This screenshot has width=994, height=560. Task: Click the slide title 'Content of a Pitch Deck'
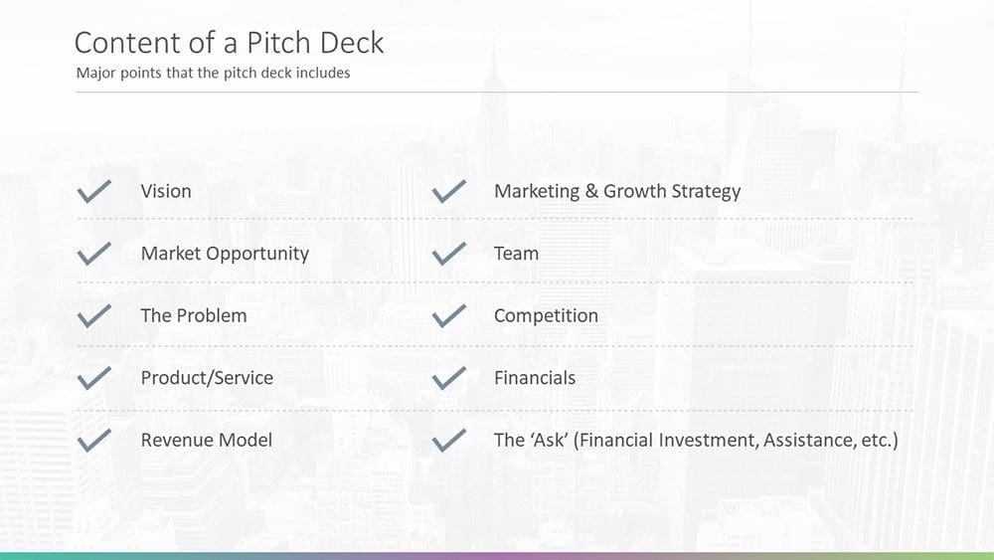click(x=229, y=43)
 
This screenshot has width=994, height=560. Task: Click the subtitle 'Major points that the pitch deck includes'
click(x=213, y=73)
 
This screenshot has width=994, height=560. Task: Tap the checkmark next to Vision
click(x=93, y=191)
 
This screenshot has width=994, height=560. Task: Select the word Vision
click(x=166, y=191)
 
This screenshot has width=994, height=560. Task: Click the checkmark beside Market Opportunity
click(x=93, y=254)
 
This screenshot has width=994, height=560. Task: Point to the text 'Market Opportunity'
click(x=225, y=254)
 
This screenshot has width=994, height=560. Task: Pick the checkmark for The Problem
click(x=93, y=316)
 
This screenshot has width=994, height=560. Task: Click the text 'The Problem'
click(x=194, y=316)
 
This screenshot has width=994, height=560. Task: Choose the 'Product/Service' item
click(x=207, y=378)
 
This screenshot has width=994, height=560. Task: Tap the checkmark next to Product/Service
click(x=93, y=378)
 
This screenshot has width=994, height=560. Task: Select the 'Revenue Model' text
click(x=207, y=440)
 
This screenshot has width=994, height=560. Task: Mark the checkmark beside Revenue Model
click(x=93, y=441)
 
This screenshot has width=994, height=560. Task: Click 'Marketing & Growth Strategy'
click(x=617, y=191)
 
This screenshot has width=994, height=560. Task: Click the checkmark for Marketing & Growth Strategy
click(x=449, y=191)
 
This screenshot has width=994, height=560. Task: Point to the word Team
click(x=516, y=254)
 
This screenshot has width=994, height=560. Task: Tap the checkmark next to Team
click(x=449, y=254)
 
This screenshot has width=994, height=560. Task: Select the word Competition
click(x=546, y=316)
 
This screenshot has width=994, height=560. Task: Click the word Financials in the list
click(x=535, y=378)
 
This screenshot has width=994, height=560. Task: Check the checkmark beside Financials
click(x=449, y=378)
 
